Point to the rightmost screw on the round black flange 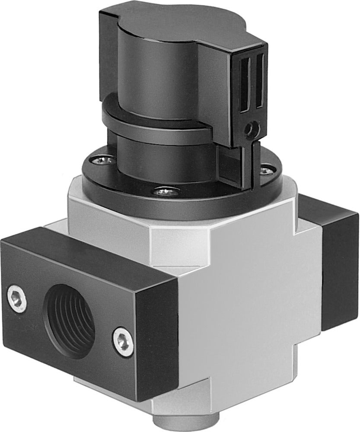pos(265,165)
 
